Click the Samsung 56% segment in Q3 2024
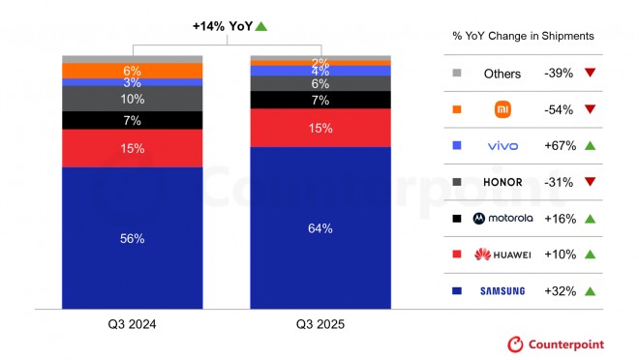tap(133, 238)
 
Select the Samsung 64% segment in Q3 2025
tap(320, 228)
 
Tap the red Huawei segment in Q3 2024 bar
tap(133, 148)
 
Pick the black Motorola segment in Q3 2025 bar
tap(320, 100)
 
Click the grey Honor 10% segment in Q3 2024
tap(133, 99)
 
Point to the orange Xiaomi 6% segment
tap(133, 71)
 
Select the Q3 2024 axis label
tap(133, 324)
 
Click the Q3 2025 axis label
tap(320, 324)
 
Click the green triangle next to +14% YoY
tap(262, 26)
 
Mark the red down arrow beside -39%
tap(590, 74)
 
